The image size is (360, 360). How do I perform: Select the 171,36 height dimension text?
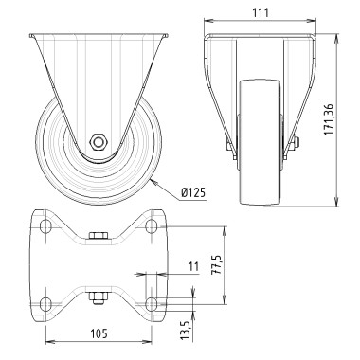(353, 118)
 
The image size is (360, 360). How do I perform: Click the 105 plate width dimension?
(99, 333)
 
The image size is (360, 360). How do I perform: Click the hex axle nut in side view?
(98, 141)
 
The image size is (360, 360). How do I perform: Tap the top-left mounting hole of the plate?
(45, 226)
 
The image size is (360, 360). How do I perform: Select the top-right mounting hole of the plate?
(152, 226)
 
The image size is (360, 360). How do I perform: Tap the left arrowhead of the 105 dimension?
(34, 342)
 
